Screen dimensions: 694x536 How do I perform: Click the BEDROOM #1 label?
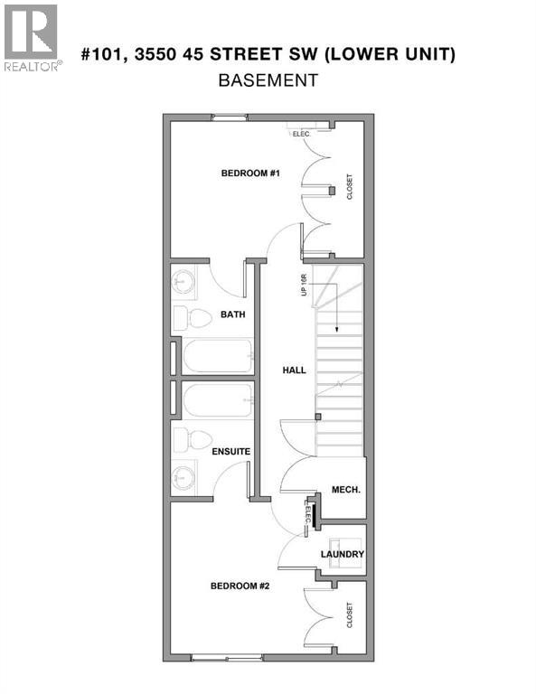(250, 173)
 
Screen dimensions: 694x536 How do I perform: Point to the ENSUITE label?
(230, 450)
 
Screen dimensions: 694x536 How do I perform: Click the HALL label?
(294, 370)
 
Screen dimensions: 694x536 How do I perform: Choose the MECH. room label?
(346, 490)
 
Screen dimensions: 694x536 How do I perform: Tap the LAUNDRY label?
(343, 554)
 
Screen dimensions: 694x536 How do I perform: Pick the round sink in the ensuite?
(184, 475)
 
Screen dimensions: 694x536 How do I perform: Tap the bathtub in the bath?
(218, 355)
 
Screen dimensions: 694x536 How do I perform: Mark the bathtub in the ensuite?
(218, 400)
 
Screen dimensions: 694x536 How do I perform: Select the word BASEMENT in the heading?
(268, 80)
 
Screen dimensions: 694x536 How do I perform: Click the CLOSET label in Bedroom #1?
(350, 187)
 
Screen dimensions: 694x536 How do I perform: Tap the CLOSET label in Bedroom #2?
(350, 616)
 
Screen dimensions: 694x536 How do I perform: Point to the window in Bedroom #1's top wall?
(229, 117)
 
